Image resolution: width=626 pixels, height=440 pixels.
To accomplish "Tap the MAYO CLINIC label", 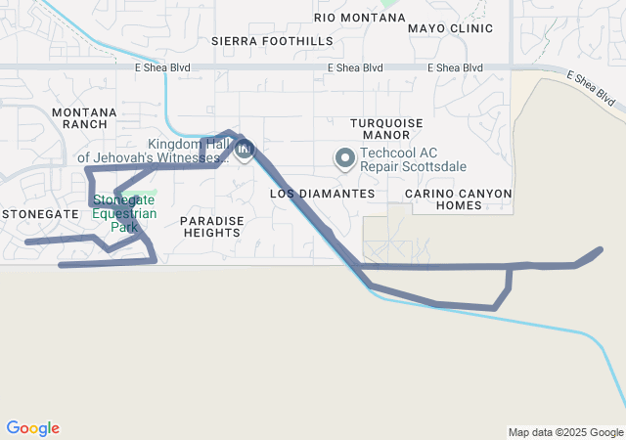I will pyautogui.click(x=450, y=28).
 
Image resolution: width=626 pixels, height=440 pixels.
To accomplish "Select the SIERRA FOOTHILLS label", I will pyautogui.click(x=272, y=41).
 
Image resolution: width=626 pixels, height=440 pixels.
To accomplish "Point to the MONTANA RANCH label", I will pyautogui.click(x=84, y=118).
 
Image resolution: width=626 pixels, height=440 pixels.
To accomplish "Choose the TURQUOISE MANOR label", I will pyautogui.click(x=385, y=128).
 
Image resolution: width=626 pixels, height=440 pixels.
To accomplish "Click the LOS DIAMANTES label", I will pyautogui.click(x=322, y=194).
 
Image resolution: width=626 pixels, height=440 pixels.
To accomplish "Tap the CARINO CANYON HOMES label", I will pyautogui.click(x=458, y=199).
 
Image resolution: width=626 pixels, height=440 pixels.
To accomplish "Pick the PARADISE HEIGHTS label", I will pyautogui.click(x=211, y=227).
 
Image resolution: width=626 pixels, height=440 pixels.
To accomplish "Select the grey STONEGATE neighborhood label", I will pyautogui.click(x=39, y=212).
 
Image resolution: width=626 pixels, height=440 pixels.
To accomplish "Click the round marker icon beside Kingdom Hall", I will pyautogui.click(x=245, y=151).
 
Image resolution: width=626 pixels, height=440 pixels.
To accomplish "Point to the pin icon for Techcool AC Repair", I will pyautogui.click(x=344, y=157).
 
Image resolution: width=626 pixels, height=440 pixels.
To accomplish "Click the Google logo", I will pyautogui.click(x=32, y=428).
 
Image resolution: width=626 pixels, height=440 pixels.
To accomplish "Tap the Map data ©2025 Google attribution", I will pyautogui.click(x=564, y=432).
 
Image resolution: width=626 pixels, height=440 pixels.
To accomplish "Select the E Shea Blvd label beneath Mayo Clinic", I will pyautogui.click(x=456, y=67).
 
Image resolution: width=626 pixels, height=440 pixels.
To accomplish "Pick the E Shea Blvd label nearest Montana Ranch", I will pyautogui.click(x=163, y=67).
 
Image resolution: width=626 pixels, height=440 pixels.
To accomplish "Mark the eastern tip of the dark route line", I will pyautogui.click(x=600, y=249).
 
